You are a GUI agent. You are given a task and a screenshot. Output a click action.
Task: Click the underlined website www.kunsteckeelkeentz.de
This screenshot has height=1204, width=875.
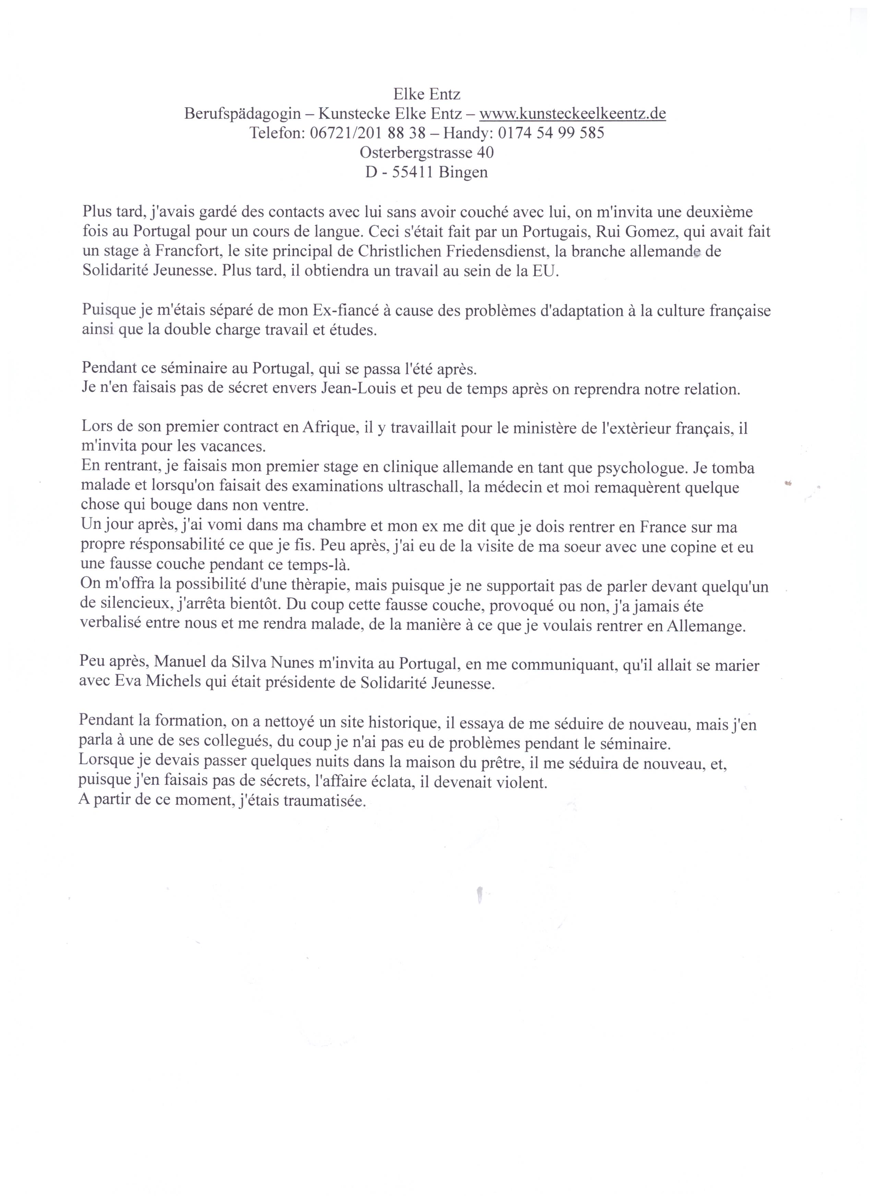pos(573,114)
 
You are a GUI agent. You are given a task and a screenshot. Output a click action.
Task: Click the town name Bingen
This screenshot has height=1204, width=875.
pos(463,173)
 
